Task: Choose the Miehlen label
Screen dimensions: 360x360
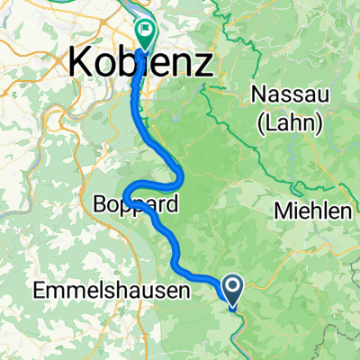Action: click(314, 212)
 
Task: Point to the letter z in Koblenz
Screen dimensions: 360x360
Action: click(206, 64)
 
